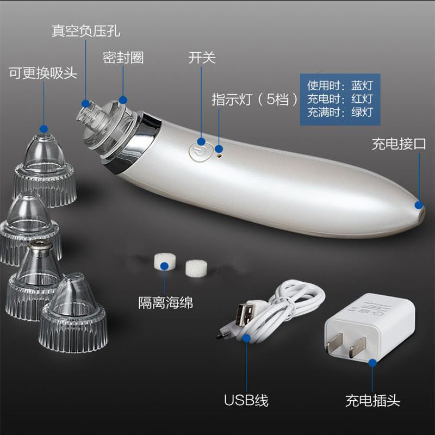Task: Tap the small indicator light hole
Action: [219, 156]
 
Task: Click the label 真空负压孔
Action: [86, 31]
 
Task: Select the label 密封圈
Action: [123, 58]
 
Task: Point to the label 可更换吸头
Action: [43, 73]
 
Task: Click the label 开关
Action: [202, 58]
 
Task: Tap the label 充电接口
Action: [399, 144]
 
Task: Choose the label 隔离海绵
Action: [166, 302]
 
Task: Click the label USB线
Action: [246, 400]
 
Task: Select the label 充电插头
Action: [372, 401]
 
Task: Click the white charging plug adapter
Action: [370, 327]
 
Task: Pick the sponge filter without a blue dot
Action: [196, 268]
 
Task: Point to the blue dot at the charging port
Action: [419, 205]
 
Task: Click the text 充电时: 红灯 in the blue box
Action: [340, 99]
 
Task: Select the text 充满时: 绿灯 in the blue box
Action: [340, 113]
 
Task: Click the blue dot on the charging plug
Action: [372, 363]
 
